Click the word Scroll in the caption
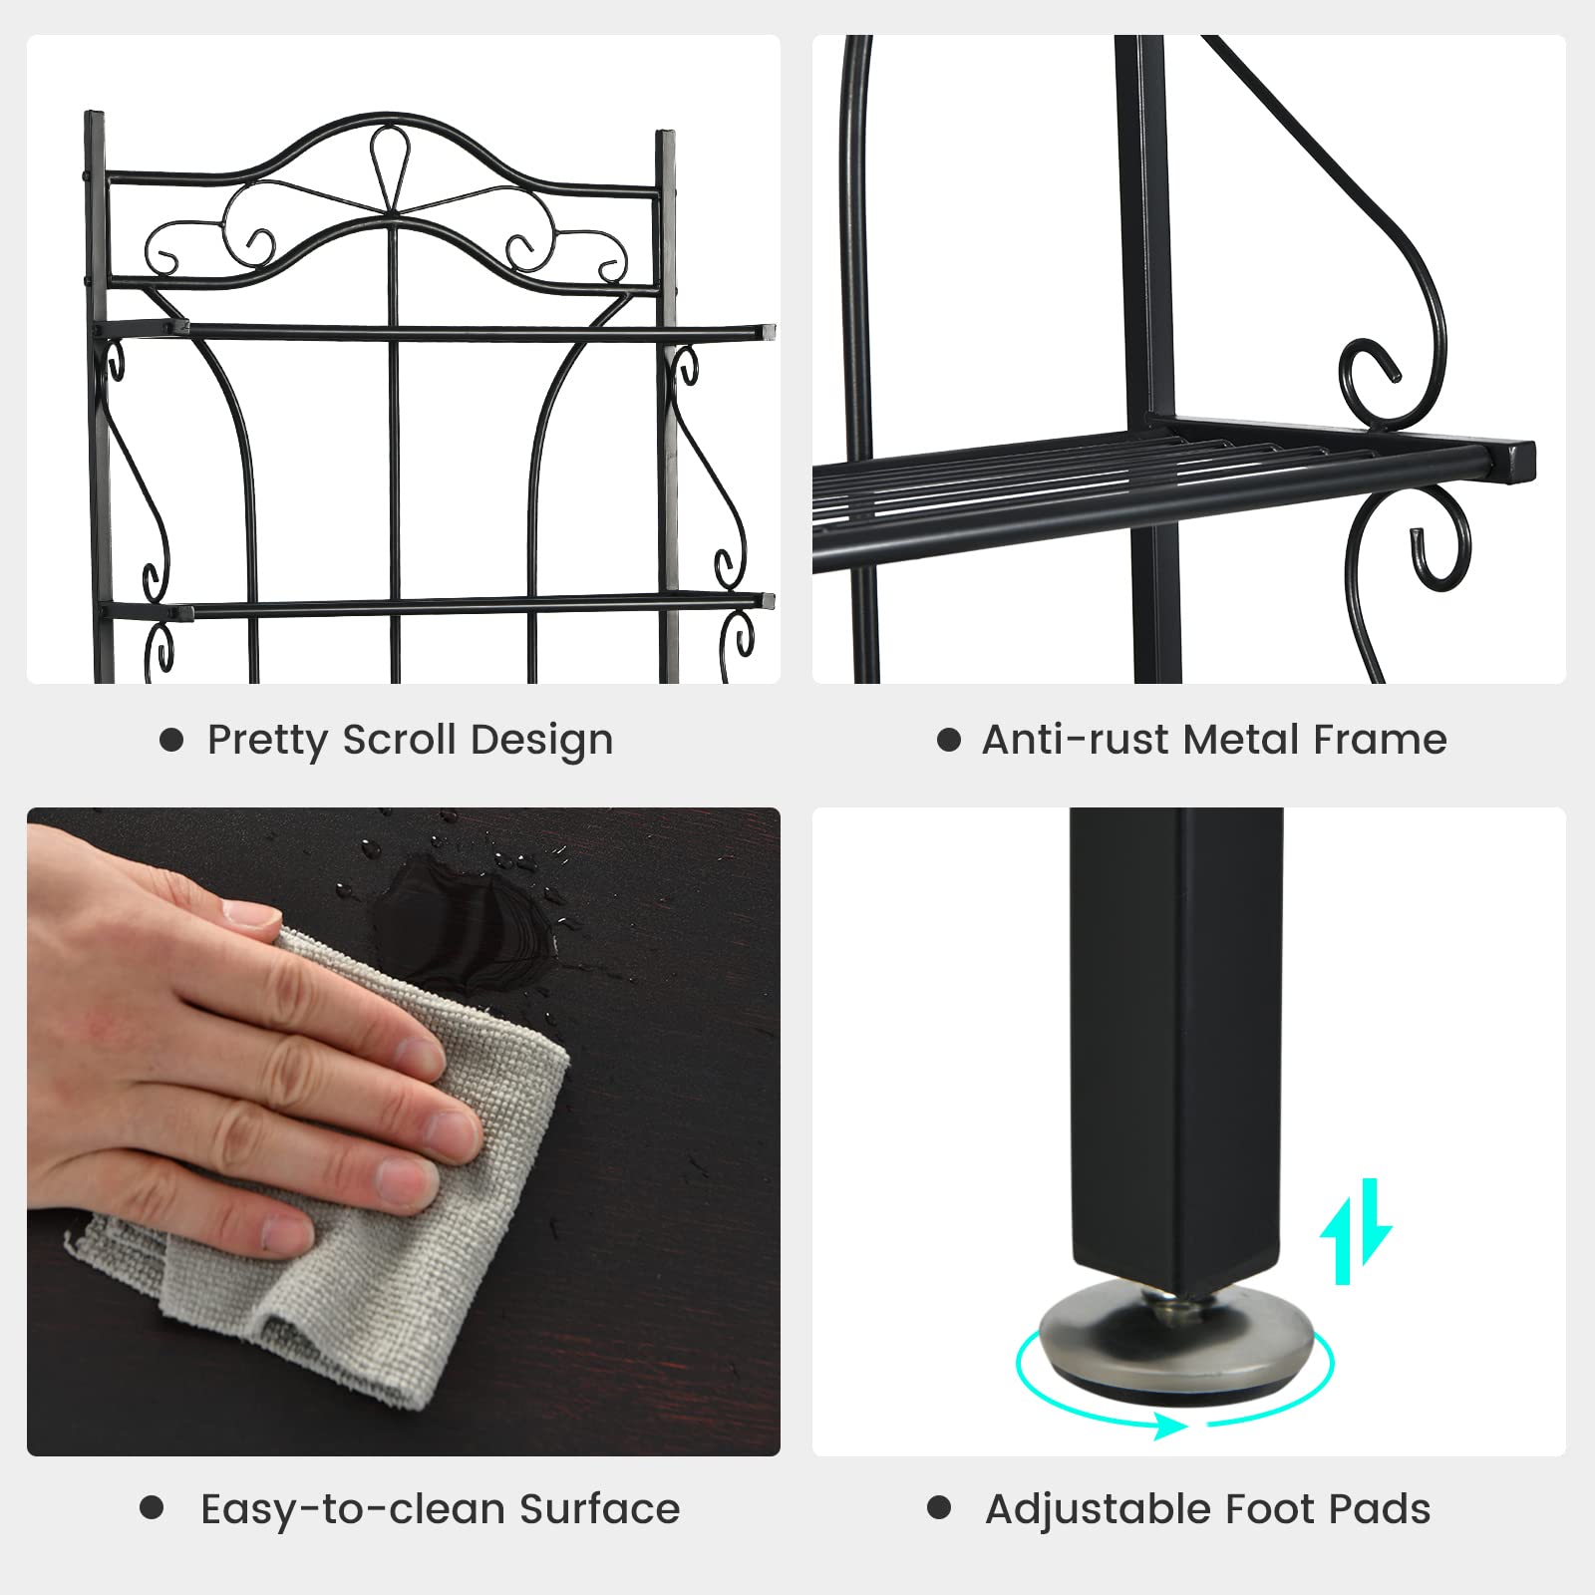pos(402,740)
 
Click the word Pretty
pos(268,741)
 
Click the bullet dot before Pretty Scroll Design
pos(171,740)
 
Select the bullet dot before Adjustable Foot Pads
pos(939,1507)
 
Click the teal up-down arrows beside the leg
pos(1356,1231)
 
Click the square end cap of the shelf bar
pos(1516,462)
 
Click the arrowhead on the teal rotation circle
pos(1171,1426)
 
